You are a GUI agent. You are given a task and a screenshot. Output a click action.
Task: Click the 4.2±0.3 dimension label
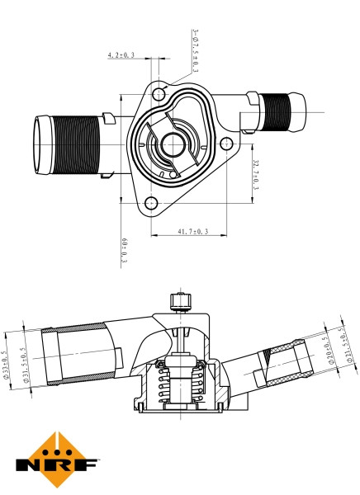(121, 55)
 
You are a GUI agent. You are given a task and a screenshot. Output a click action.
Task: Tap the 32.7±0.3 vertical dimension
(256, 174)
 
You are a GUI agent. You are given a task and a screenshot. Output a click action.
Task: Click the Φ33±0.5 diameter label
(7, 364)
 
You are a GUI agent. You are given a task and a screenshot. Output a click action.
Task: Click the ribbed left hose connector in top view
(74, 146)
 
